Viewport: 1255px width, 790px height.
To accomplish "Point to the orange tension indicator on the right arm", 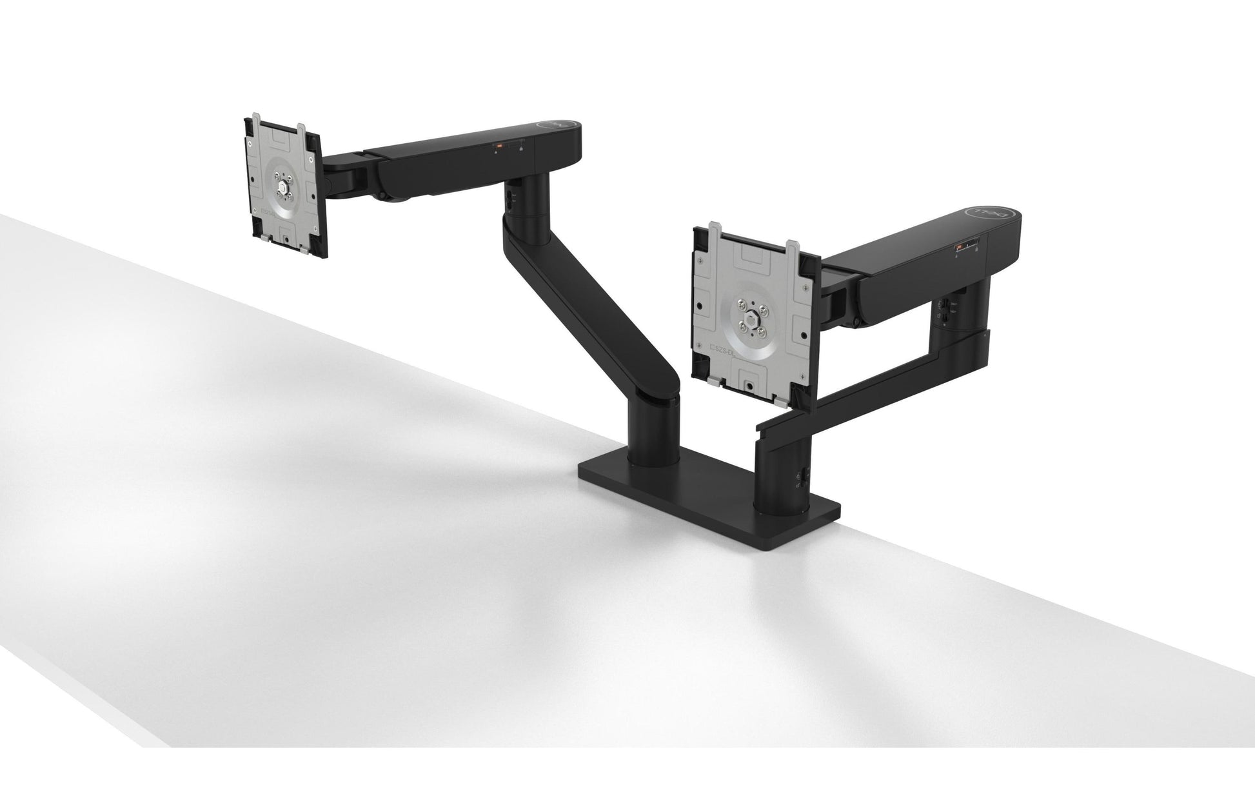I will pos(959,247).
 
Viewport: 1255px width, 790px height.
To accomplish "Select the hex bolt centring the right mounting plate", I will pos(752,320).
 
